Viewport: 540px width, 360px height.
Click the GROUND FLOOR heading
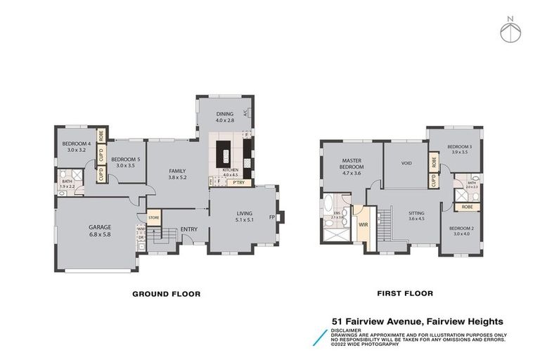tap(167, 294)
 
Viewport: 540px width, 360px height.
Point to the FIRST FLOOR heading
tap(404, 294)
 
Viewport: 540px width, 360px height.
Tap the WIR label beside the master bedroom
tap(364, 226)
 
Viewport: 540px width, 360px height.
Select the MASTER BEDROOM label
tap(352, 164)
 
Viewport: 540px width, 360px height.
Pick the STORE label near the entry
tap(154, 218)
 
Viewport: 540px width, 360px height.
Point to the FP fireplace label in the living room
tap(271, 216)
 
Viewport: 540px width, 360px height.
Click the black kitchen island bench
tap(226, 153)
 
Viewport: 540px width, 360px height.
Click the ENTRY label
tap(188, 230)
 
